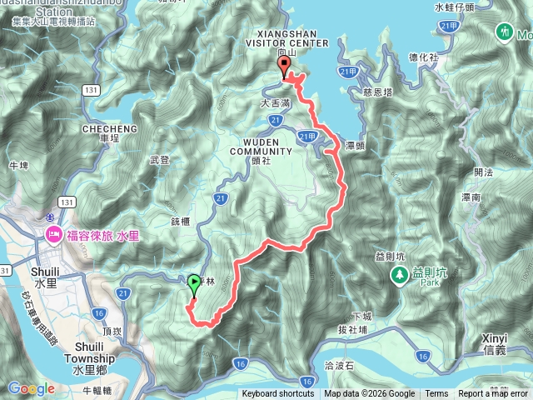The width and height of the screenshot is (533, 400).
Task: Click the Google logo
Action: [x=32, y=388]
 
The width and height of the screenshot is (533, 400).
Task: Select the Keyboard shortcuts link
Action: [x=278, y=394]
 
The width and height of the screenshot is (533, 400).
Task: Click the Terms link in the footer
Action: [x=436, y=394]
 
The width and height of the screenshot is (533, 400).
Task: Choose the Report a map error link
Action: [x=494, y=394]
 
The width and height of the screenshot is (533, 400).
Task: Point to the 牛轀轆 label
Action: [x=98, y=387]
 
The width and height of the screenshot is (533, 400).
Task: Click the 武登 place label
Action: [x=158, y=159]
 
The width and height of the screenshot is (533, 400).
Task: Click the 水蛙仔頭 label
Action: [x=455, y=7]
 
